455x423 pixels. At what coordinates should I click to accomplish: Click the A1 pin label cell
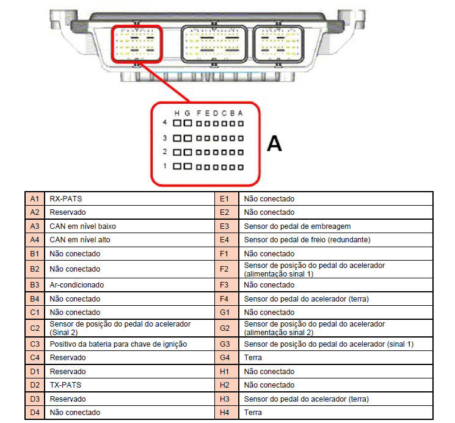pyautogui.click(x=35, y=199)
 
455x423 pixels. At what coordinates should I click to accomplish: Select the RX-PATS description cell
pyautogui.click(x=129, y=199)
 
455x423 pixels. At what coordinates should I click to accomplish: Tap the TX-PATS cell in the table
pyautogui.click(x=129, y=385)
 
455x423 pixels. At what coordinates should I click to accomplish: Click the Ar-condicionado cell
pyautogui.click(x=129, y=285)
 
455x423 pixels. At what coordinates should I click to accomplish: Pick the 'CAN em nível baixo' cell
pyautogui.click(x=129, y=226)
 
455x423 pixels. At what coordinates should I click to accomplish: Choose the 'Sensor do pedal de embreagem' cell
pyautogui.click(x=336, y=226)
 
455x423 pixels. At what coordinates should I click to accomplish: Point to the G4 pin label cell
pyautogui.click(x=225, y=358)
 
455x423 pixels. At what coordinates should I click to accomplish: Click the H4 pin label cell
pyautogui.click(x=225, y=412)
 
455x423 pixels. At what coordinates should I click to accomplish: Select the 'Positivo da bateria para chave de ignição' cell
pyautogui.click(x=129, y=344)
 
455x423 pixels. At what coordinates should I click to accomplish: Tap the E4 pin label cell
pyautogui.click(x=225, y=240)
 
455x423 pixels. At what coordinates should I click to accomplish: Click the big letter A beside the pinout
pyautogui.click(x=274, y=143)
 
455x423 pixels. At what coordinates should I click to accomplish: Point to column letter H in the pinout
pyautogui.click(x=177, y=113)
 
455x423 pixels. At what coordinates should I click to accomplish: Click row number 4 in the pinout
pyautogui.click(x=165, y=122)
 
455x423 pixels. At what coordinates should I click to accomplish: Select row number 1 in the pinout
pyautogui.click(x=165, y=166)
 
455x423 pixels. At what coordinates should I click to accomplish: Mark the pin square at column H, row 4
pyautogui.click(x=177, y=123)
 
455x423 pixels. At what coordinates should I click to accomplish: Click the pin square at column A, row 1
pyautogui.click(x=241, y=167)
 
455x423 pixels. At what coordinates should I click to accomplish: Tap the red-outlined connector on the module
pyautogui.click(x=137, y=44)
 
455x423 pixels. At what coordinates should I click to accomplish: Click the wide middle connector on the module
pyautogui.click(x=214, y=44)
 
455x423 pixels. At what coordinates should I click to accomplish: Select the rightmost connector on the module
pyautogui.click(x=278, y=44)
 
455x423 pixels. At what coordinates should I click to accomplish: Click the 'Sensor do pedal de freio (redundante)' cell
pyautogui.click(x=336, y=240)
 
